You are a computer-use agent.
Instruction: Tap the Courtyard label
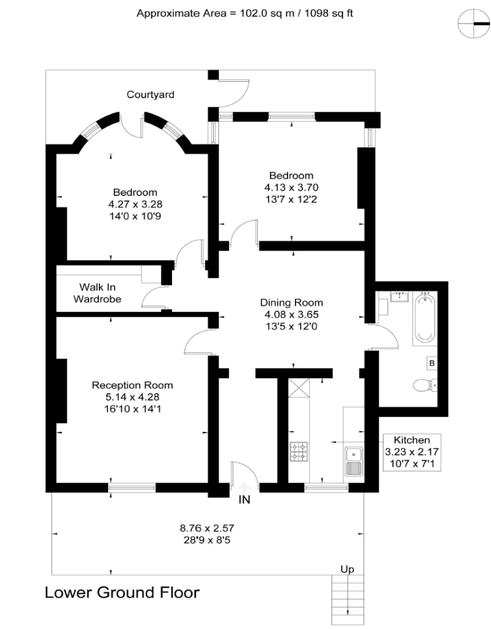[x=151, y=95]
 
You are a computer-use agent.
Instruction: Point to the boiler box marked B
[x=432, y=364]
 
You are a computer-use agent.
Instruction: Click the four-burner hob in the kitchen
[x=299, y=451]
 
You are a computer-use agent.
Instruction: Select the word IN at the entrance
[x=245, y=499]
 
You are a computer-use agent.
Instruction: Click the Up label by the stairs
[x=347, y=569]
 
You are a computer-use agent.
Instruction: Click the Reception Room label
[x=132, y=385]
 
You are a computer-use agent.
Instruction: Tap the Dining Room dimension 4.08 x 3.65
[x=291, y=314]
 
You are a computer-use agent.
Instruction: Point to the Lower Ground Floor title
[x=122, y=593]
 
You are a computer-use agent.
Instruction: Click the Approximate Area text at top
[x=245, y=13]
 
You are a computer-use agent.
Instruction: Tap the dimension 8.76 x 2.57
[x=207, y=527]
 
